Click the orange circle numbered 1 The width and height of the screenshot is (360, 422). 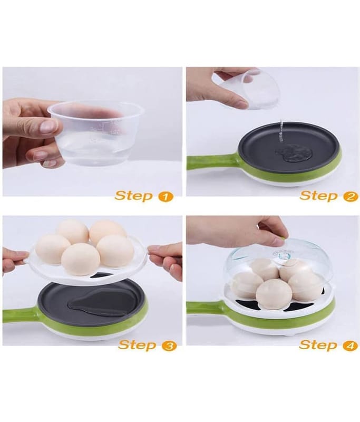[166, 197]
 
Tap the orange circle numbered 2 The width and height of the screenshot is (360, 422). [351, 197]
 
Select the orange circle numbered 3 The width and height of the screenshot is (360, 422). [169, 346]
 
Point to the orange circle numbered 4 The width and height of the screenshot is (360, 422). [351, 346]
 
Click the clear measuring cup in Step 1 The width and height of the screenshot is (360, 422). [95, 133]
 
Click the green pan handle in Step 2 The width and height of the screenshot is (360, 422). [210, 160]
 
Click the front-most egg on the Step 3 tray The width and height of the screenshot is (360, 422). [81, 259]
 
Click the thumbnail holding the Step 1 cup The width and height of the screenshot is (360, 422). [49, 126]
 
